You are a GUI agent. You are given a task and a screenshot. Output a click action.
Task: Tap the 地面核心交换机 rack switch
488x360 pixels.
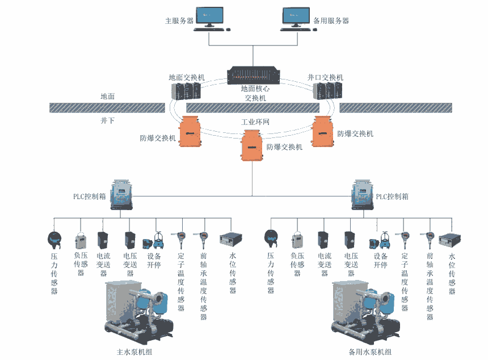click(253, 75)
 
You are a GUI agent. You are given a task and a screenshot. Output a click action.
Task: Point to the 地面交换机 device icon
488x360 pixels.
click(186, 91)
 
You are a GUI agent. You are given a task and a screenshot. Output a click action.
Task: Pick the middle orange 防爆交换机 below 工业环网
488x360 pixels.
click(252, 145)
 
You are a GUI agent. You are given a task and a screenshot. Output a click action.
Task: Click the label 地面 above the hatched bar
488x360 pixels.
click(108, 97)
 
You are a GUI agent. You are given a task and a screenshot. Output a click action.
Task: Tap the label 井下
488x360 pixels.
click(108, 120)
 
